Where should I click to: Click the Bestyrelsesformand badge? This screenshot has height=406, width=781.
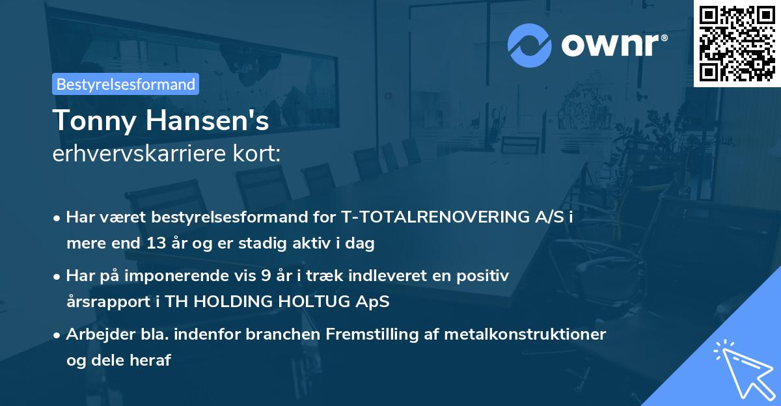click(x=126, y=84)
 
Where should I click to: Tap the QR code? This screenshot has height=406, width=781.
click(x=737, y=43)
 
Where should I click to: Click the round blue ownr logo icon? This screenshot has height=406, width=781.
click(x=529, y=46)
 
